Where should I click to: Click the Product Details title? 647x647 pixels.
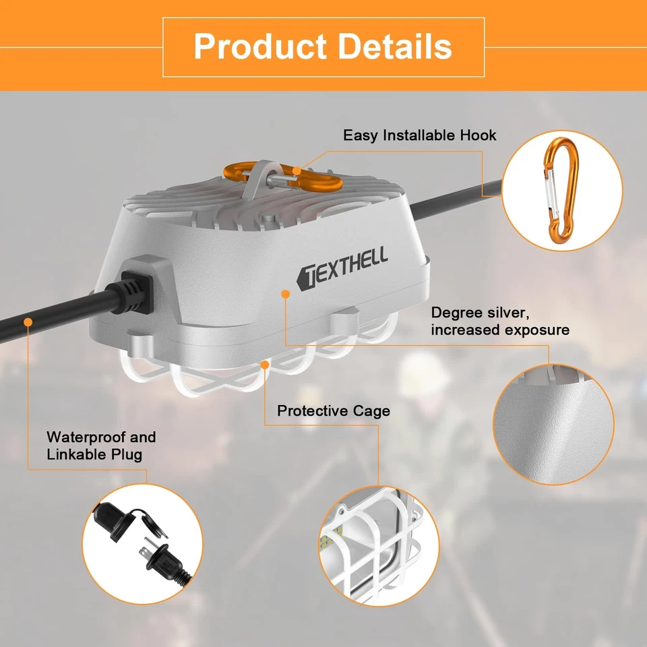point(323,47)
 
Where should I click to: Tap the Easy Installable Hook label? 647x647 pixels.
point(419,135)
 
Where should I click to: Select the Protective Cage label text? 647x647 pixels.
point(334,410)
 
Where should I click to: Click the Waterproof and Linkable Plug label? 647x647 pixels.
point(101,445)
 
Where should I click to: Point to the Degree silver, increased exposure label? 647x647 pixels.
point(500,321)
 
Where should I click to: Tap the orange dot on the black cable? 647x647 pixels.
point(28,322)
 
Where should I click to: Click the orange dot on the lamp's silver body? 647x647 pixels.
point(286,294)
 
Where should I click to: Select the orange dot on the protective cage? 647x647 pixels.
point(266,365)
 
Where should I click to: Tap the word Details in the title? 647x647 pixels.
point(395,47)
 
